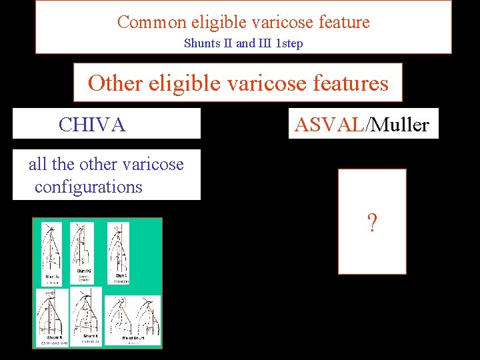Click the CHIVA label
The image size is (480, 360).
click(x=92, y=124)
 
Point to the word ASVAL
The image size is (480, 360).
click(x=329, y=124)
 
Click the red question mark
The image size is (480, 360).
click(x=372, y=223)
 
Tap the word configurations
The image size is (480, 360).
click(x=89, y=187)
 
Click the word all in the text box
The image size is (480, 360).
click(x=37, y=164)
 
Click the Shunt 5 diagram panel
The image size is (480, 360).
click(x=51, y=317)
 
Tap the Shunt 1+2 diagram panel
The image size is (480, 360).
click(x=83, y=253)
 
